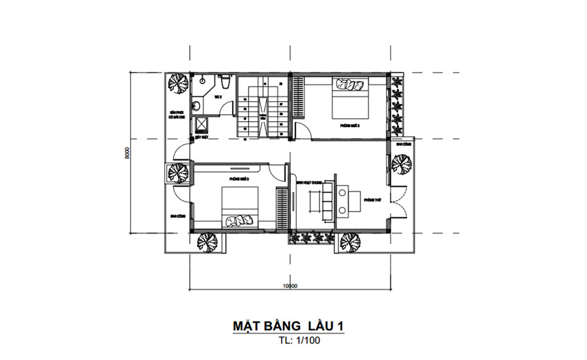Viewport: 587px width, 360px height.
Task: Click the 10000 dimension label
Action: click(x=290, y=286)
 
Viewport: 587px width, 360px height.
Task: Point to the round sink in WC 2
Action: click(x=195, y=104)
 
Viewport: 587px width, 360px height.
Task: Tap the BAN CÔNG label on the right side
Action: click(x=402, y=144)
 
